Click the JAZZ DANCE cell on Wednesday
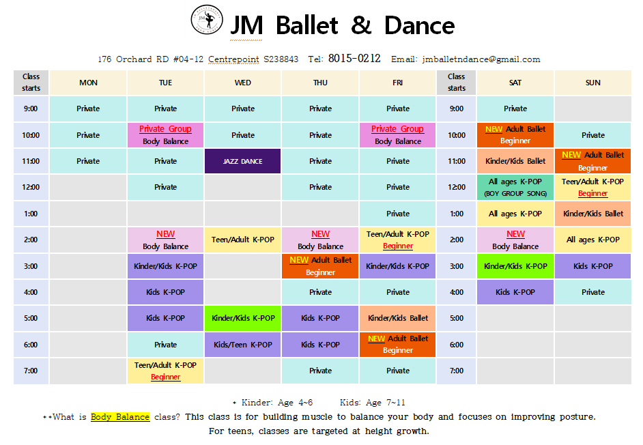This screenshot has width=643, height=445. tap(243, 161)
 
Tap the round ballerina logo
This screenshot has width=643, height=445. tap(207, 20)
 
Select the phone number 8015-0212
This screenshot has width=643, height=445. tap(354, 59)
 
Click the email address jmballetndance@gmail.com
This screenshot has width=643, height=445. tap(481, 59)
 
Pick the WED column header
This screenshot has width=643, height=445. tap(243, 83)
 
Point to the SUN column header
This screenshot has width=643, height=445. tap(593, 83)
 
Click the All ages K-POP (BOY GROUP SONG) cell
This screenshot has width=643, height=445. tap(515, 188)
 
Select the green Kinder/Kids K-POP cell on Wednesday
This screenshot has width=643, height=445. tap(243, 318)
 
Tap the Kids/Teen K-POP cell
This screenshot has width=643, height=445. tap(243, 345)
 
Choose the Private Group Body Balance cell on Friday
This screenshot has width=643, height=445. tap(398, 135)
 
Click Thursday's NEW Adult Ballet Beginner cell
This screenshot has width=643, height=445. tap(320, 266)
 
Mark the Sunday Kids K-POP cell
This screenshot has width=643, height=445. tap(593, 266)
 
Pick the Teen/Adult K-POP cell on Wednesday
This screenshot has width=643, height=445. tap(243, 240)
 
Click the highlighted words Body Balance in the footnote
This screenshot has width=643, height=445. tap(120, 417)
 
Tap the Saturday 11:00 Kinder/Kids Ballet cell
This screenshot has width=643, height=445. tap(515, 161)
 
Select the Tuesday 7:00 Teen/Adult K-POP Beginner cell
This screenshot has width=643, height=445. tap(166, 371)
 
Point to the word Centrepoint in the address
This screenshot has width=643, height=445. tap(233, 59)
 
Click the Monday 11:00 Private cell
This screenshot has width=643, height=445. tap(88, 161)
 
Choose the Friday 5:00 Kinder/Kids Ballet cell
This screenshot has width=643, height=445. tap(398, 318)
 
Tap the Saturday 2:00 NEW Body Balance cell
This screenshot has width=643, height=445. tap(515, 240)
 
